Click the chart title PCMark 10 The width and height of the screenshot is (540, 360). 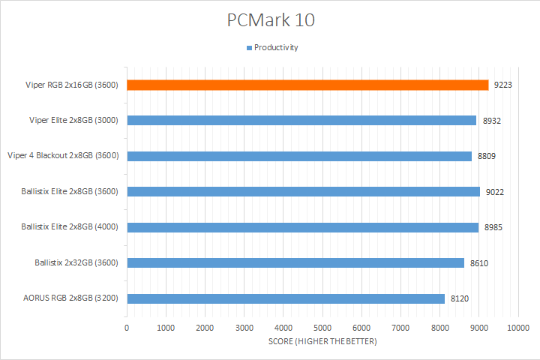coord(271,19)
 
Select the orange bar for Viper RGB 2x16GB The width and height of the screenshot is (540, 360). coord(307,85)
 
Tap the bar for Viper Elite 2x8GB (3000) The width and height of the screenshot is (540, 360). coord(301,120)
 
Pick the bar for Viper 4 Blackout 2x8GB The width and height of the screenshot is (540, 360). coord(299,156)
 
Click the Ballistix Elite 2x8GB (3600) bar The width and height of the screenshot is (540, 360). coord(303,191)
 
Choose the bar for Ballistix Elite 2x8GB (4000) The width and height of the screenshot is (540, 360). coord(302,227)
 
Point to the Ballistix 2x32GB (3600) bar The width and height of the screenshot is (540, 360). coord(295,262)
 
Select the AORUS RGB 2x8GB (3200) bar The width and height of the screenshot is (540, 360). coord(286,298)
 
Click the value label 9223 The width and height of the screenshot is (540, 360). coord(502,85)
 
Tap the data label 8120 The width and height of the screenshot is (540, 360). coord(460,298)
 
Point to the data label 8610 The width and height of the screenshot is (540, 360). coord(478,262)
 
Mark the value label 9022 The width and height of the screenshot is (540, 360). coord(495,191)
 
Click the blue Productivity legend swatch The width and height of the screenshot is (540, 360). coord(249,48)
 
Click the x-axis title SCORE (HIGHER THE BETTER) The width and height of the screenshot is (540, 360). coord(322,342)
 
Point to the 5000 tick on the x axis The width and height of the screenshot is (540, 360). coord(322,328)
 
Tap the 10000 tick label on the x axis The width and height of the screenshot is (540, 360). coord(518,328)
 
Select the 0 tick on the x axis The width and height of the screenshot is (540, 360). coord(127,328)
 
